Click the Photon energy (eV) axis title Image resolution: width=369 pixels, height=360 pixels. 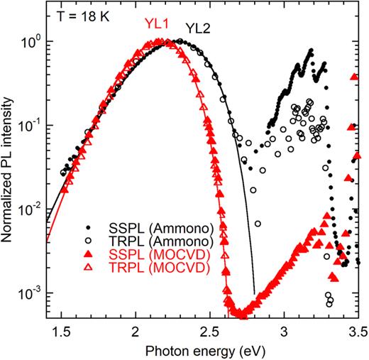(x=209, y=349)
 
